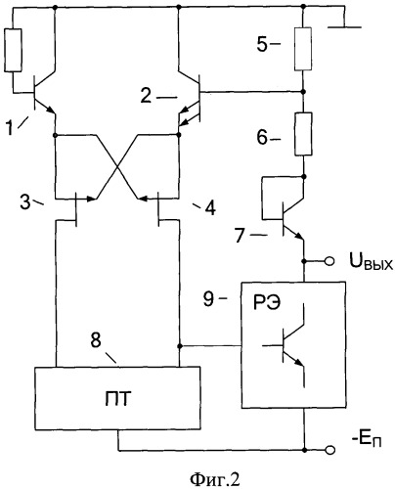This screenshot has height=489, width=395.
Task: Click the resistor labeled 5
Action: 303,49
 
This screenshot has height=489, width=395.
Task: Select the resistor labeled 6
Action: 303,134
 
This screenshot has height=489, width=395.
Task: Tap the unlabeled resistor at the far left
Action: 13,50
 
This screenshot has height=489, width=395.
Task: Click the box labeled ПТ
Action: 117,398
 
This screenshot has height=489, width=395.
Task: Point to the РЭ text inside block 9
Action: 267,304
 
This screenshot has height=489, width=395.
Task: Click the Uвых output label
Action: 372,263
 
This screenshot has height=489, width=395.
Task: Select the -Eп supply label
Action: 367,441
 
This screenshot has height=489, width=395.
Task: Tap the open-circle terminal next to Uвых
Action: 329,261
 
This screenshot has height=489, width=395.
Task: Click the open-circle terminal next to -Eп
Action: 330,450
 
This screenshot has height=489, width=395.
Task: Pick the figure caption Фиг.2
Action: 215,479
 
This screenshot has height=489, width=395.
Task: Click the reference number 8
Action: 96,340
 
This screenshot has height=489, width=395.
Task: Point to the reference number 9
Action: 208,298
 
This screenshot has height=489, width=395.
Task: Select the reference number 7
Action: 240,236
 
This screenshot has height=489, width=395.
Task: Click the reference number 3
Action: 25,201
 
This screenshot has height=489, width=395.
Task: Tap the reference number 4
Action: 210,208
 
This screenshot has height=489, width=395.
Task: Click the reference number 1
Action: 10,127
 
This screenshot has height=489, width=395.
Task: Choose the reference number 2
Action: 146,96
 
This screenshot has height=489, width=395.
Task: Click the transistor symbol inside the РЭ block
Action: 285,345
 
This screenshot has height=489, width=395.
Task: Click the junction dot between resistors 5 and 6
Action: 303,92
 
